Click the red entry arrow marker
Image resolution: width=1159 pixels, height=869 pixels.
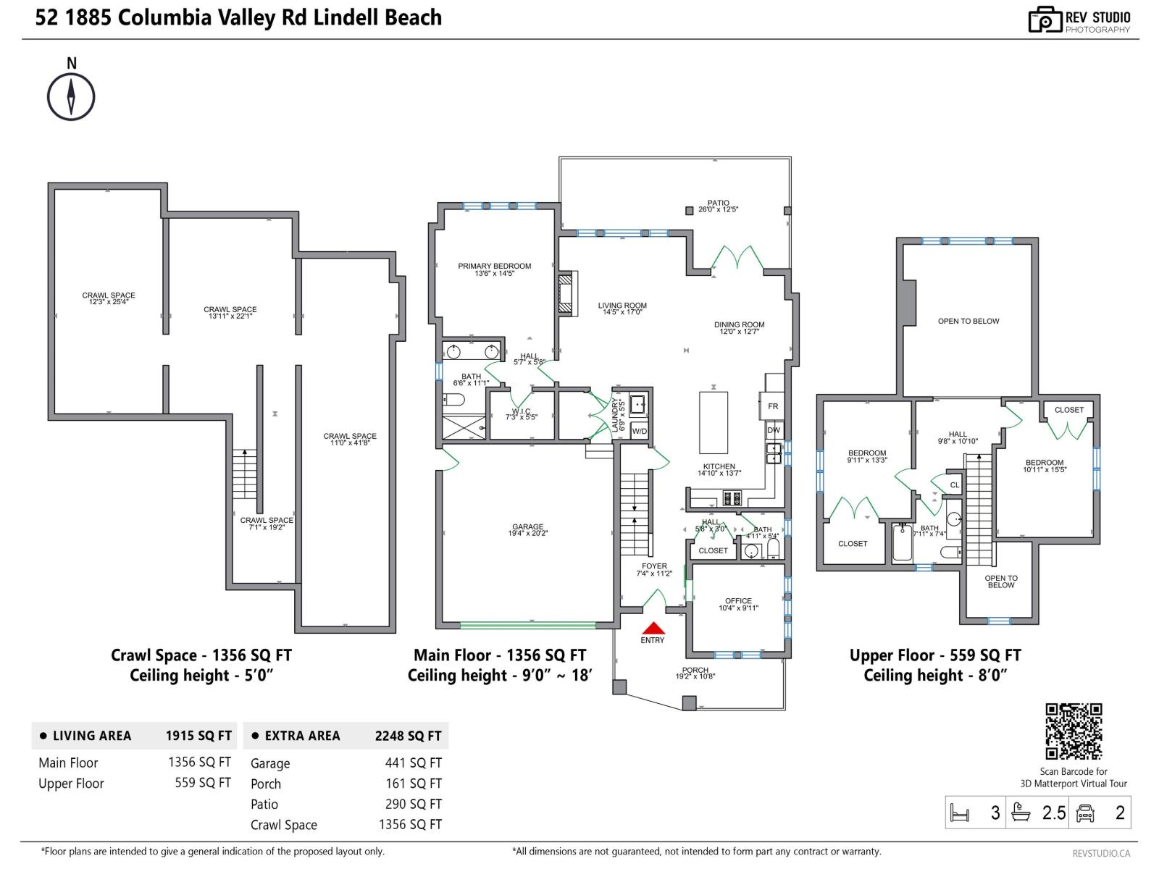pyautogui.click(x=653, y=629)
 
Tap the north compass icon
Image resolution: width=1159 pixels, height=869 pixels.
pyautogui.click(x=71, y=96)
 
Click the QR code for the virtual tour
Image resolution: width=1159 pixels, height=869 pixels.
pyautogui.click(x=1073, y=731)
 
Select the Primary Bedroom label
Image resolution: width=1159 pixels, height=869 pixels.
pyautogui.click(x=494, y=269)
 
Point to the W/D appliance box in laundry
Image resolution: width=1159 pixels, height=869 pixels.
pyautogui.click(x=639, y=431)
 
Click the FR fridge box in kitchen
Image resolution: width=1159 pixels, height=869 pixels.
pyautogui.click(x=772, y=406)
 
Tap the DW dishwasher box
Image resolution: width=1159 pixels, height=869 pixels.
pyautogui.click(x=773, y=430)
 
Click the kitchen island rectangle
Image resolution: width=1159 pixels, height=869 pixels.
pyautogui.click(x=714, y=422)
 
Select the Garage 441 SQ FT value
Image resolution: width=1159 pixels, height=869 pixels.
pyautogui.click(x=413, y=763)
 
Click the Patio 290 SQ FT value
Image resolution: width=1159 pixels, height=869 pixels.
pyautogui.click(x=413, y=804)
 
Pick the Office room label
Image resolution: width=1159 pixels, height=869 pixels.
pyautogui.click(x=738, y=604)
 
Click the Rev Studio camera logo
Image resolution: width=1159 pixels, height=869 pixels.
pyautogui.click(x=1045, y=21)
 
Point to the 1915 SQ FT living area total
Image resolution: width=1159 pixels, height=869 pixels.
pyautogui.click(x=198, y=736)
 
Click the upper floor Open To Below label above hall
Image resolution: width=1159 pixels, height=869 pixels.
pyautogui.click(x=968, y=321)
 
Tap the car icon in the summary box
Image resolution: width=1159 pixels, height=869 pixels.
pyautogui.click(x=1084, y=813)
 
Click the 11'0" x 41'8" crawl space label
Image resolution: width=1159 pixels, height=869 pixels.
pyautogui.click(x=350, y=440)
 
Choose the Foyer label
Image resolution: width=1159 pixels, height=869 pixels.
pyautogui.click(x=654, y=569)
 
